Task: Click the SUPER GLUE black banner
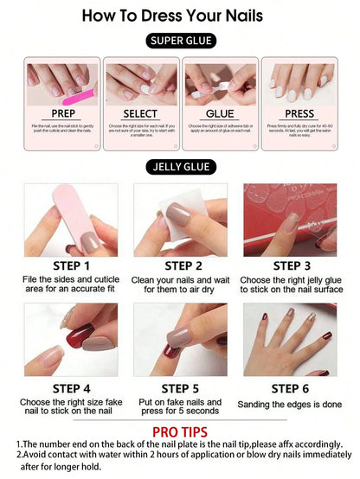click(x=181, y=41)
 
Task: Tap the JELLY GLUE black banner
click(x=181, y=166)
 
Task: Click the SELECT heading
click(x=140, y=113)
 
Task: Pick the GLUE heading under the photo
click(x=221, y=113)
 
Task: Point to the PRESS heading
click(x=299, y=113)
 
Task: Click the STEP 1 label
click(x=72, y=266)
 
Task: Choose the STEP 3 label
click(x=291, y=266)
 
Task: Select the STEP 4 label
click(x=72, y=388)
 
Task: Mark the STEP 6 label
click(x=291, y=388)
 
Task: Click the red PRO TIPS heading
click(x=181, y=431)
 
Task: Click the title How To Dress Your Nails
click(x=181, y=15)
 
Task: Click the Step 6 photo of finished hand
click(x=291, y=340)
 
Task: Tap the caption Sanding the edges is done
click(x=291, y=404)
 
